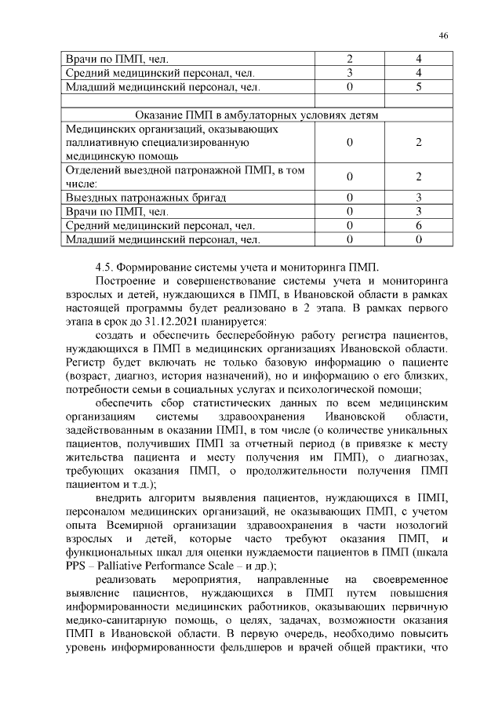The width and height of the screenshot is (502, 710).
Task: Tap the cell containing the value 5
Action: [x=419, y=86]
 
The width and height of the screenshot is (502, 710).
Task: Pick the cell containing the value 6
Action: [x=419, y=225]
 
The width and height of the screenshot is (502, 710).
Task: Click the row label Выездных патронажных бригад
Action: [x=147, y=197]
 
